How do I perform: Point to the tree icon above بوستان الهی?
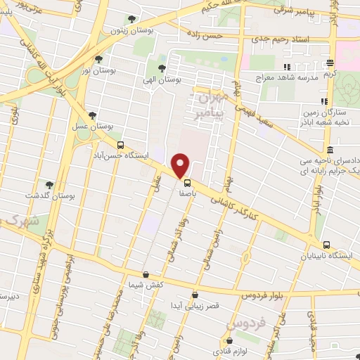coord(162,68)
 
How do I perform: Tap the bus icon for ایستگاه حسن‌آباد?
coord(120,146)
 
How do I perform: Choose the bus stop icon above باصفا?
coord(177,182)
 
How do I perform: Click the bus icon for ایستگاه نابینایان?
coord(326,245)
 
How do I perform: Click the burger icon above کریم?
coord(329,63)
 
